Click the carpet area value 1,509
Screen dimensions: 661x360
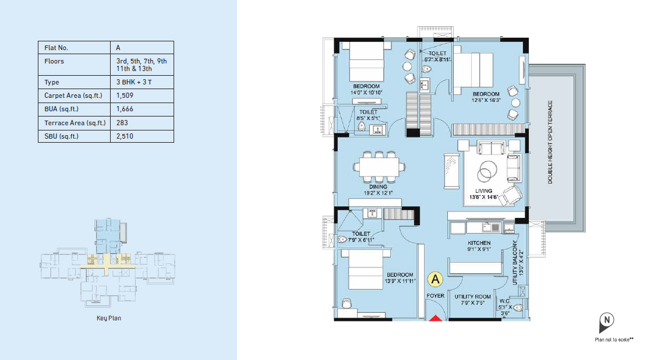coord(125,96)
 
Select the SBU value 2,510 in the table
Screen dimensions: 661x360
coord(125,136)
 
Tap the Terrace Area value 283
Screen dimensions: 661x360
coord(122,123)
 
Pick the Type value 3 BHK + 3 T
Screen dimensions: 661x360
coord(134,82)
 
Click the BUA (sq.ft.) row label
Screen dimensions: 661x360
coord(62,109)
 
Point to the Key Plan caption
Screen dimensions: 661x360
coord(109,318)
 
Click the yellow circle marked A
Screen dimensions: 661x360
coord(435,279)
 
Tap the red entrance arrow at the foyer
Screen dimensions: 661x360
coord(436,318)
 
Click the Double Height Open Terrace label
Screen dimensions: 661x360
coord(550,142)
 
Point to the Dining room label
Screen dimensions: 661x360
coord(378,187)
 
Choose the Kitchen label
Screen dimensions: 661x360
coord(479,243)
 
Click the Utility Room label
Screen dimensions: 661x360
coord(472,297)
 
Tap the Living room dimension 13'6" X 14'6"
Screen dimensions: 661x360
coord(483,197)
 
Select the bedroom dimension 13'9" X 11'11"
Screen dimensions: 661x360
coord(400,281)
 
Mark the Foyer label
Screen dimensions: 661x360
coord(436,296)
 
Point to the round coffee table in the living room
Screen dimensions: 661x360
coord(487,172)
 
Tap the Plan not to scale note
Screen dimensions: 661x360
coord(614,340)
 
